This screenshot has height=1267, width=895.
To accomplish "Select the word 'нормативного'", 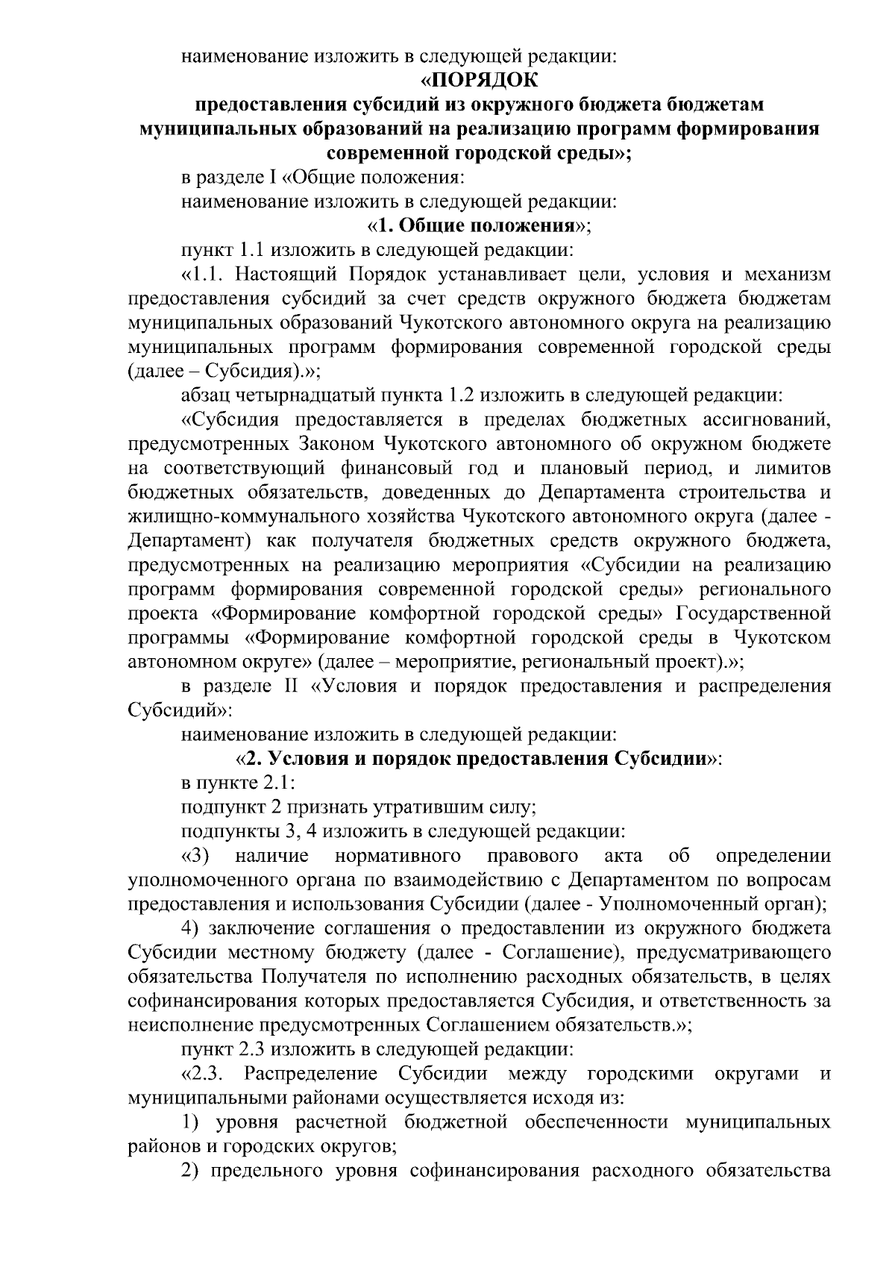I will [x=397, y=855].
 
